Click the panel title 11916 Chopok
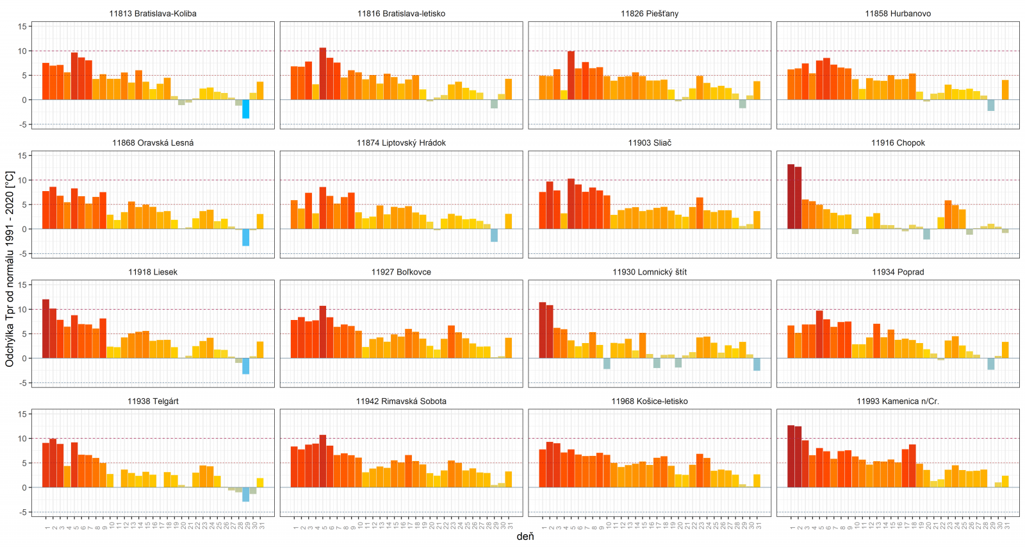point(898,143)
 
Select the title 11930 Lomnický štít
point(649,272)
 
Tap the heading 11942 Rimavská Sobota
point(401,401)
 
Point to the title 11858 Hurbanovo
point(898,13)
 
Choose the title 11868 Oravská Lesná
point(152,143)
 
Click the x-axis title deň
point(525,536)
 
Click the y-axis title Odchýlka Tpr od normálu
point(10,269)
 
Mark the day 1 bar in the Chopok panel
point(791,196)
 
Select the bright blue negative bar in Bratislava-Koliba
point(245,109)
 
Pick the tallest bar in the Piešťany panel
point(571,75)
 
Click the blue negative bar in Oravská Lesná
point(245,237)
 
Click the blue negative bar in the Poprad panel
point(991,364)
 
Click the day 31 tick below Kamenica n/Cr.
point(1006,526)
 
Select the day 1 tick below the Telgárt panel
point(47,528)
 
